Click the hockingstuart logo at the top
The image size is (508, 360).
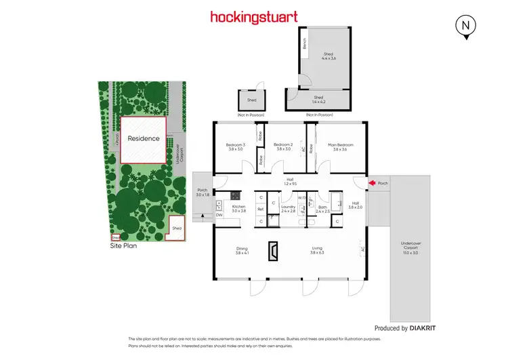pos(254,16)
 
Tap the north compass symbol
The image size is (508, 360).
pos(465,26)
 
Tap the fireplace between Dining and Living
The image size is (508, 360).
pos(272,252)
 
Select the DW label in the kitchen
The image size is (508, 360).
pos(219,215)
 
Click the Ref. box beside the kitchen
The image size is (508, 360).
pos(260,209)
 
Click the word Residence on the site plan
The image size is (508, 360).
pos(144,138)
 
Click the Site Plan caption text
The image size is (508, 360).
pos(123,246)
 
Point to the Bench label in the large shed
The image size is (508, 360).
pos(305,43)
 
